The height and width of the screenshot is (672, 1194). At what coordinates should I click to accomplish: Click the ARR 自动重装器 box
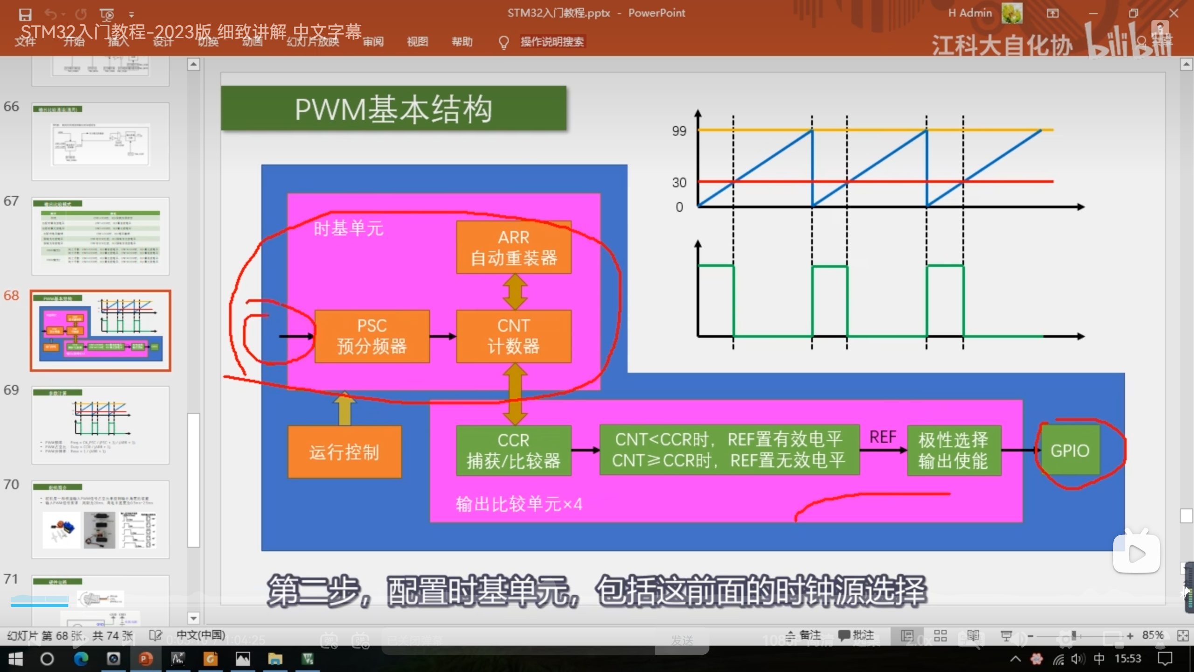pyautogui.click(x=514, y=247)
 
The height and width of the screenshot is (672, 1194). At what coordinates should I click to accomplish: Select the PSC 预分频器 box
pyautogui.click(x=372, y=336)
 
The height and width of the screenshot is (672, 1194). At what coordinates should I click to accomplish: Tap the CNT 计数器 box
pyautogui.click(x=514, y=336)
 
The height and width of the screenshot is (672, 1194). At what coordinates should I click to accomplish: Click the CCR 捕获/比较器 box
pyautogui.click(x=514, y=450)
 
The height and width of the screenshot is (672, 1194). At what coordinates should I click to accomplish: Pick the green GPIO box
pyautogui.click(x=1070, y=450)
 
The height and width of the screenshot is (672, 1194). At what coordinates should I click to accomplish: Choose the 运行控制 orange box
pyautogui.click(x=344, y=452)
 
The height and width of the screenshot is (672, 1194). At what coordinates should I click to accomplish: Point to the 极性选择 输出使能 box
pyautogui.click(x=953, y=450)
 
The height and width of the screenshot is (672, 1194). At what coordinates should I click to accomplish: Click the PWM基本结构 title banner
pyautogui.click(x=393, y=109)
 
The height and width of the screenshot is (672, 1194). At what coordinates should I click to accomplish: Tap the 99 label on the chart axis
pyautogui.click(x=679, y=131)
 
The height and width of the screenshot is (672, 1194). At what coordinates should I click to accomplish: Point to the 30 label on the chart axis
pyautogui.click(x=679, y=182)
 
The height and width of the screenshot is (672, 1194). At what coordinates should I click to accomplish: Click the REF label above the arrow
pyautogui.click(x=882, y=437)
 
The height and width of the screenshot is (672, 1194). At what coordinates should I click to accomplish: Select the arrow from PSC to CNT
pyautogui.click(x=443, y=336)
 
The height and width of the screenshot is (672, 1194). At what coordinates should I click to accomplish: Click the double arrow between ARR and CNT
pyautogui.click(x=514, y=292)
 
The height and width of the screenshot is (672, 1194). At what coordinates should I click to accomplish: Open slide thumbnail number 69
pyautogui.click(x=100, y=425)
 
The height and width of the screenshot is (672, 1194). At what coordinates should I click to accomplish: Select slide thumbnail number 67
pyautogui.click(x=100, y=236)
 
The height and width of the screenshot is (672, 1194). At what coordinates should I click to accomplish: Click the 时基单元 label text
pyautogui.click(x=348, y=229)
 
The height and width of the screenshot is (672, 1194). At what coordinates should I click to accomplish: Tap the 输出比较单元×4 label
pyautogui.click(x=519, y=504)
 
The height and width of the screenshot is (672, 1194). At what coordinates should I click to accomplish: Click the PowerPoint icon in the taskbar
pyautogui.click(x=146, y=659)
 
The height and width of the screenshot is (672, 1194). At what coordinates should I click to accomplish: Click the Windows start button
pyautogui.click(x=15, y=659)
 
